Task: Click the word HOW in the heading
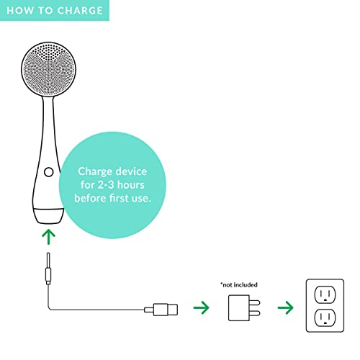coord(20,11)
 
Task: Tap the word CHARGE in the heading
coord(80,11)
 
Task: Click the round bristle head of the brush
coord(48,69)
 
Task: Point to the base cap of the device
coord(48,216)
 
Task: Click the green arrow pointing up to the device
coord(48,237)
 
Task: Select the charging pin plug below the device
coord(48,269)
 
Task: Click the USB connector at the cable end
coord(161,310)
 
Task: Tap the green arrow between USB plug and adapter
coord(201,307)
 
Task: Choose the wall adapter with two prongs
coord(244,307)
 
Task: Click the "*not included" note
coord(239,285)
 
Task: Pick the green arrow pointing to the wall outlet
coord(285,307)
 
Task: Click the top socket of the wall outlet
coord(325,294)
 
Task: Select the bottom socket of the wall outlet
coord(325,318)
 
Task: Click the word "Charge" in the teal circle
coord(95,172)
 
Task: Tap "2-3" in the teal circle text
coord(106,185)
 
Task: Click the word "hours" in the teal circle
coord(130,185)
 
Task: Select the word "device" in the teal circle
coord(131,171)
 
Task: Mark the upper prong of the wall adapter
coord(255,302)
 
